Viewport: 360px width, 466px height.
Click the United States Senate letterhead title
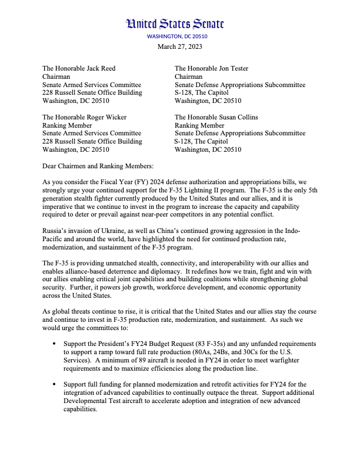click(175, 24)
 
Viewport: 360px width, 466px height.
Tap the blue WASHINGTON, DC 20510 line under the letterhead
click(177, 36)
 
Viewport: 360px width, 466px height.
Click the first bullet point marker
click(55, 343)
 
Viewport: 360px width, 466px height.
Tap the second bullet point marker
click(55, 384)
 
